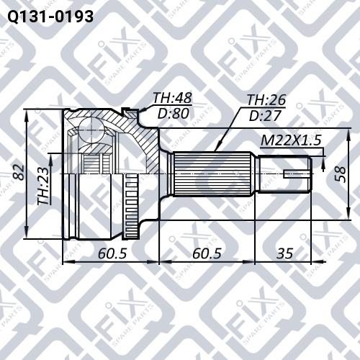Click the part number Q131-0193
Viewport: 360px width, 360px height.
50,17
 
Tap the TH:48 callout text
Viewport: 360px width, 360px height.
173,98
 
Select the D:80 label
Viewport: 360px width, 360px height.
174,114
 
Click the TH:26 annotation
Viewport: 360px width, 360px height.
266,100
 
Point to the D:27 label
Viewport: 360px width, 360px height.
265,116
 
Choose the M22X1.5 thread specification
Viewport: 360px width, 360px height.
291,140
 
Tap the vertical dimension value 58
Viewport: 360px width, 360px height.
341,174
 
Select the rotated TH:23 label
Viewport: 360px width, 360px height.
43,186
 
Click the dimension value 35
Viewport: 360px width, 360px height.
285,253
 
